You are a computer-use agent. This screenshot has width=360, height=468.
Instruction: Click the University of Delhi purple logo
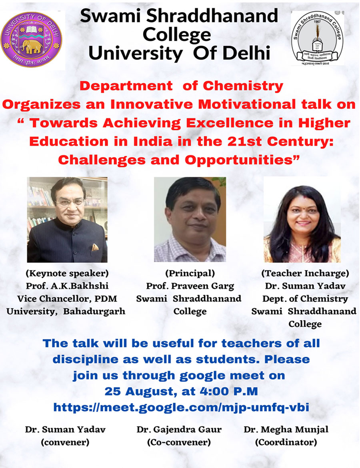pos(31,39)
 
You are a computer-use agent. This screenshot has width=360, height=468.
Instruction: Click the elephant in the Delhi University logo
pos(31,46)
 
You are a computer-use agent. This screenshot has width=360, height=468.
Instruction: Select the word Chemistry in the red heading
pos(243,86)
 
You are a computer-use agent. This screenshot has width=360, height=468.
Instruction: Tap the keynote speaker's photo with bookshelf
pos(67,220)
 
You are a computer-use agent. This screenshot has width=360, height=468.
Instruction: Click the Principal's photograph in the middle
pos(190,219)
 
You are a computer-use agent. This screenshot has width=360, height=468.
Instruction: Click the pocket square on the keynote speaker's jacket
pos(95,247)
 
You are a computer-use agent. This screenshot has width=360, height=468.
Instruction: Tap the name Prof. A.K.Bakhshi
pos(67,286)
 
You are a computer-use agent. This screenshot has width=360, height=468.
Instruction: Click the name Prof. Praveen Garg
pos(190,286)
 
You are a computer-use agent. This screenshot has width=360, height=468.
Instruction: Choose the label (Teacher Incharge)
pos(305,273)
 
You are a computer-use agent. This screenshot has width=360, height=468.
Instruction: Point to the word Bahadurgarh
pos(94,312)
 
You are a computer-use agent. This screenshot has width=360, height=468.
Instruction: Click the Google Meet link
pos(181,407)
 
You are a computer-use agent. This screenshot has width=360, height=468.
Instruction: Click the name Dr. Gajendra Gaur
pos(179,430)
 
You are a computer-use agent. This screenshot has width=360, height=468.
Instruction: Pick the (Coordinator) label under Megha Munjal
pos(286,442)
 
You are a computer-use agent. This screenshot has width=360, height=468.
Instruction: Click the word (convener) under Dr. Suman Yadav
pos(65,442)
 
